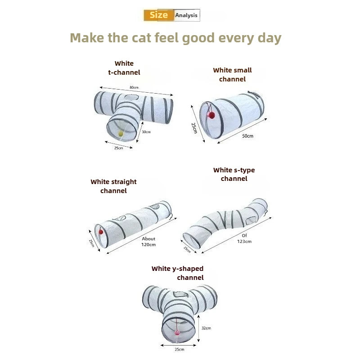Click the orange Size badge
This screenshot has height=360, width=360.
pyautogui.click(x=159, y=15)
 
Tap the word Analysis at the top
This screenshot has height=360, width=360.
pyautogui.click(x=186, y=15)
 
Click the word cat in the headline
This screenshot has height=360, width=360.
pyautogui.click(x=141, y=38)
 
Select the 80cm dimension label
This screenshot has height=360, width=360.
pyautogui.click(x=134, y=87)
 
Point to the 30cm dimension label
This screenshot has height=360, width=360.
pyautogui.click(x=146, y=132)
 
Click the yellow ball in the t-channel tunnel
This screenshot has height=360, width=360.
pyautogui.click(x=121, y=134)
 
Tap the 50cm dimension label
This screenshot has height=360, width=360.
pyautogui.click(x=248, y=136)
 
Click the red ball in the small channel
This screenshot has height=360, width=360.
pyautogui.click(x=211, y=115)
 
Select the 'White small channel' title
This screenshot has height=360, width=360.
pyautogui.click(x=232, y=75)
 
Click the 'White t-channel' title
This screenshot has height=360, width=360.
pyautogui.click(x=124, y=68)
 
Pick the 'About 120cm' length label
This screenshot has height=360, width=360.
pyautogui.click(x=148, y=242)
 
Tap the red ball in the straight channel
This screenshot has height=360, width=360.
pyautogui.click(x=101, y=232)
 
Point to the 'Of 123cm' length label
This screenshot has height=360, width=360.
pyautogui.click(x=244, y=238)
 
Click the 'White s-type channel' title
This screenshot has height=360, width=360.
pyautogui.click(x=234, y=174)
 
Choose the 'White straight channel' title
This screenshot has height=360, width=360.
pyautogui.click(x=113, y=186)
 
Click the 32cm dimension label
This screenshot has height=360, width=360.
pyautogui.click(x=206, y=328)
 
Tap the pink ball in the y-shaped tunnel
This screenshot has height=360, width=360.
pyautogui.click(x=177, y=332)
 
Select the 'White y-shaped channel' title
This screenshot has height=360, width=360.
pyautogui.click(x=177, y=273)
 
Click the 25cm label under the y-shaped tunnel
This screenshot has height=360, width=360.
pyautogui.click(x=179, y=350)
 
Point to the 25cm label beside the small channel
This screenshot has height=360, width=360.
pyautogui.click(x=194, y=128)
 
